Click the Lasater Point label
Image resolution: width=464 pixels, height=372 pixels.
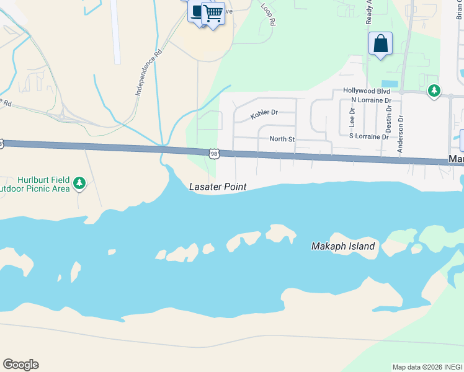217,187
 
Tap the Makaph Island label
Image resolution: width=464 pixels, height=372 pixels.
342,246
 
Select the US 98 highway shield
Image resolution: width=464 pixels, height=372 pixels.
214,153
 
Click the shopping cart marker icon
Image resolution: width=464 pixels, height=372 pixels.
213,12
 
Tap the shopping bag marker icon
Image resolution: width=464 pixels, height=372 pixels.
380,44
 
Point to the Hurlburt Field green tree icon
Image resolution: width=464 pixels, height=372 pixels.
79,183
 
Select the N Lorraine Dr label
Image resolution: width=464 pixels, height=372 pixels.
371,100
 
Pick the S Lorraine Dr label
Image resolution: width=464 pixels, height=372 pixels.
368,136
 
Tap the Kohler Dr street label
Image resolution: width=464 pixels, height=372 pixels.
264,113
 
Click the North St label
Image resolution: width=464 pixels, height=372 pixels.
282,139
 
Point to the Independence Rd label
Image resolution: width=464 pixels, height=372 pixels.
148,73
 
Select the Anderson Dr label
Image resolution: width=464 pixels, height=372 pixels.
401,133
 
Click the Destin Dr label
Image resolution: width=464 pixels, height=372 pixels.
388,120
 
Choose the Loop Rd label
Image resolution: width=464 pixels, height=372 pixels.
267,14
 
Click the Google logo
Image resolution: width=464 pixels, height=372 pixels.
20,365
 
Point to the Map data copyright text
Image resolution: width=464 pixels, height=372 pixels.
427,367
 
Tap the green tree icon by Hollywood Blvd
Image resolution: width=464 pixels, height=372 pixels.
434,91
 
